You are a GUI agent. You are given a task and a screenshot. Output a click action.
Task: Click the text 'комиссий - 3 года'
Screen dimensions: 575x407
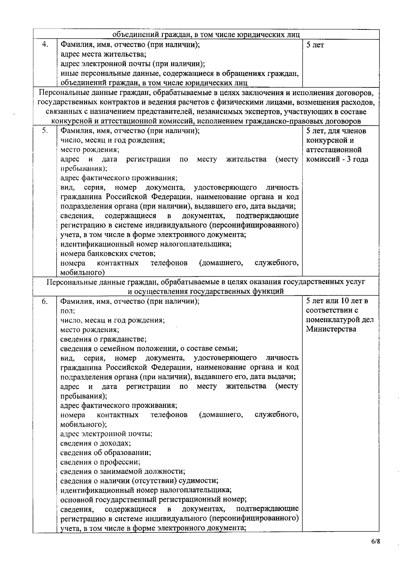tap(337, 159)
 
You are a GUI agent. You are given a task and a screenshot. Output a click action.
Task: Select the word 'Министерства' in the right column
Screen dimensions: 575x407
tap(331, 329)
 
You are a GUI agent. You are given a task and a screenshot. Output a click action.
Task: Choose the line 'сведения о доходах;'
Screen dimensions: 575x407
tap(95, 443)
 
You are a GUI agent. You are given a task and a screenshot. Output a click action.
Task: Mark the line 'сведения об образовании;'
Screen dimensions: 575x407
tap(105, 452)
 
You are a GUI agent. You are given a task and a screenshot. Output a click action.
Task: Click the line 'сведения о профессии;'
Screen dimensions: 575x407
tap(100, 462)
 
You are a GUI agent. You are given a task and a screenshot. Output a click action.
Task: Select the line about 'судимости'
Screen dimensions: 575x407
tap(139, 480)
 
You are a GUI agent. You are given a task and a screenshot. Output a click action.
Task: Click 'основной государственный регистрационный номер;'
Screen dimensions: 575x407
tap(153, 499)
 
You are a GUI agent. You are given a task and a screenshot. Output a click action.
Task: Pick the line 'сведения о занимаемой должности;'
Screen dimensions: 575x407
tap(122, 471)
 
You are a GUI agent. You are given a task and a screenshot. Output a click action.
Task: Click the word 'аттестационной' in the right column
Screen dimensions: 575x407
tap(333, 150)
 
